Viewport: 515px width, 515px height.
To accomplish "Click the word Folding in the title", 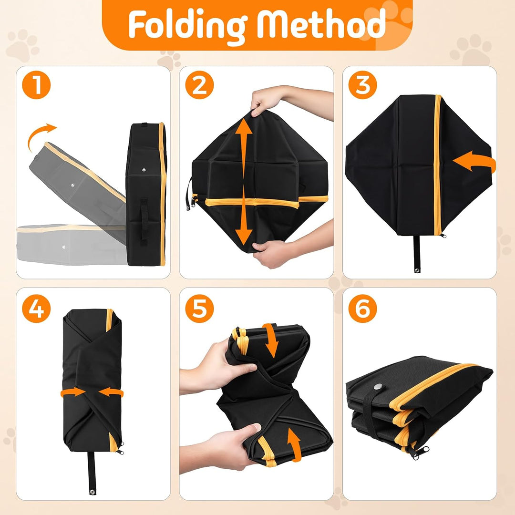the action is (188, 26).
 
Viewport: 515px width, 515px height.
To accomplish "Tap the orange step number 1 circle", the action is (36, 85).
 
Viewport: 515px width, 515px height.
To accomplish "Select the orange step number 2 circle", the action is (199, 85).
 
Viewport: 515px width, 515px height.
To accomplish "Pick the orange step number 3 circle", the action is (362, 85).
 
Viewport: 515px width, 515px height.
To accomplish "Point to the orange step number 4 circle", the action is (36, 309).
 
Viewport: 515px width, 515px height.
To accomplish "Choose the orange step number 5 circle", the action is (199, 309).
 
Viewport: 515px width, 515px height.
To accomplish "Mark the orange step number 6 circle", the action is (362, 309).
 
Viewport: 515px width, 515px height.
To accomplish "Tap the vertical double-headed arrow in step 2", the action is (243, 182).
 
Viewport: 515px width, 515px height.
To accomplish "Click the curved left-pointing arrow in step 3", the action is (476, 162).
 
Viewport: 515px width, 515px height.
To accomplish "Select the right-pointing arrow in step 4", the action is (73, 392).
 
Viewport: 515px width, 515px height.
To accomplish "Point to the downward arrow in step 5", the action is (271, 340).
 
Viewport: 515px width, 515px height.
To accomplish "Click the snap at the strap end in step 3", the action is (417, 271).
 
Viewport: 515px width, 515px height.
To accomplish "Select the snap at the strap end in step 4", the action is (92, 492).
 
